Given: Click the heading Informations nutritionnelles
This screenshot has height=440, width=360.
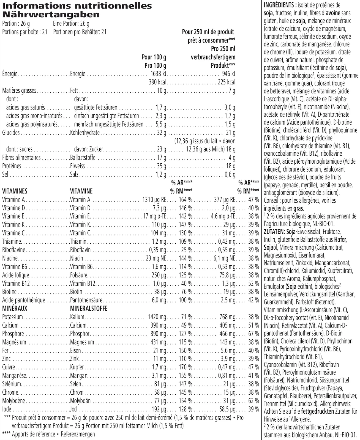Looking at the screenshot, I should pyautogui.click(x=77, y=5).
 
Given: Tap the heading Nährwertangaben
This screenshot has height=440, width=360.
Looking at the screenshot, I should pyautogui.click(x=51, y=14).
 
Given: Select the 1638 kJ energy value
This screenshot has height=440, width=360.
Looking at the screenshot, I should pyautogui.click(x=158, y=74).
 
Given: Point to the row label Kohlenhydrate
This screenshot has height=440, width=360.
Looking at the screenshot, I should pyautogui.click(x=85, y=133).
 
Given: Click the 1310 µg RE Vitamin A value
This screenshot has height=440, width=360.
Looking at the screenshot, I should pyautogui.click(x=154, y=200).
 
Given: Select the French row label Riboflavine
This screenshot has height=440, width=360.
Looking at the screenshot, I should pyautogui.click(x=14, y=250).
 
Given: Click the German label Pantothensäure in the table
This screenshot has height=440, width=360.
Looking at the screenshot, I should pyautogui.click(x=86, y=300).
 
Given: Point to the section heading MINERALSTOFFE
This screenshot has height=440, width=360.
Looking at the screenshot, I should pyautogui.click(x=89, y=309).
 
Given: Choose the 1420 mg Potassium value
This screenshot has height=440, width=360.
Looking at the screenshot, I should pyautogui.click(x=157, y=317).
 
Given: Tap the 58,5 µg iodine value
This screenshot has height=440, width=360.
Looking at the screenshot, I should pyautogui.click(x=227, y=409).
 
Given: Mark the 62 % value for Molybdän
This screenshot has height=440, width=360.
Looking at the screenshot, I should pyautogui.click(x=253, y=401).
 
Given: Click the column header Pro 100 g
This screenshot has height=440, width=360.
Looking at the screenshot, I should pyautogui.click(x=155, y=66).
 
